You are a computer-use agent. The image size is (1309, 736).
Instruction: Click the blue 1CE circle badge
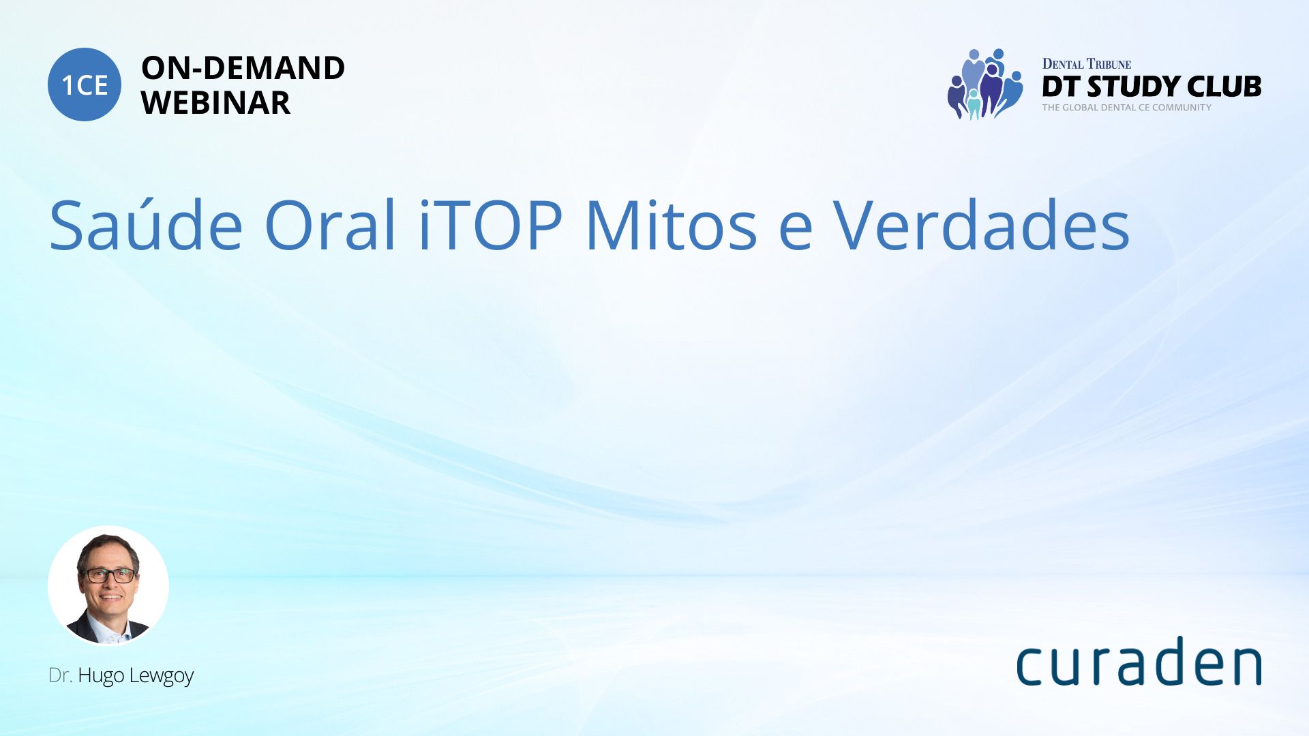85,85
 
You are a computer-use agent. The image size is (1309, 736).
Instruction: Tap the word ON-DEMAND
243,68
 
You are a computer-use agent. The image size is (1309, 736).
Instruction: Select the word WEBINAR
215,103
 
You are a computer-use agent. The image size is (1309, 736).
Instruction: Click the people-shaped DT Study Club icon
985,84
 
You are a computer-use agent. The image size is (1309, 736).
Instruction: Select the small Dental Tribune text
1087,64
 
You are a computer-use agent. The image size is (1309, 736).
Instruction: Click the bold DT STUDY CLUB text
1152,87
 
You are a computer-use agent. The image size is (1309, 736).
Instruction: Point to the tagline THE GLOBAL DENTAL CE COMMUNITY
1127,108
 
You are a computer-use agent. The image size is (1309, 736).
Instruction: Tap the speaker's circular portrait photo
108,586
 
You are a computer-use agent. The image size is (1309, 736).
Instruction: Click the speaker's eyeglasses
109,575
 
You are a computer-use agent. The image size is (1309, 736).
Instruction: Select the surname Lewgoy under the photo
162,676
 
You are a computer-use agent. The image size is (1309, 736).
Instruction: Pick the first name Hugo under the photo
101,676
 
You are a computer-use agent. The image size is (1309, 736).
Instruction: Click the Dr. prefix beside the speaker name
60,676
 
